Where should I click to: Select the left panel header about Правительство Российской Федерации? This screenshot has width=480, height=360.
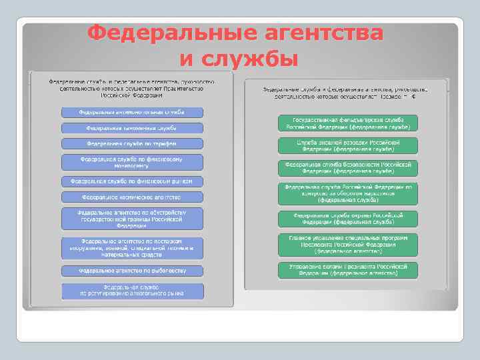pyautogui.click(x=131, y=88)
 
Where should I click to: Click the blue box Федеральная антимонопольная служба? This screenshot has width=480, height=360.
pyautogui.click(x=132, y=112)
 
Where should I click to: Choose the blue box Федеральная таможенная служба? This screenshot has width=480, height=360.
pyautogui.click(x=132, y=127)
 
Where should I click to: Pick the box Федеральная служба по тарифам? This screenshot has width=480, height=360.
pyautogui.click(x=132, y=143)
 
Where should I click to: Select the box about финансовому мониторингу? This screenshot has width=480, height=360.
pyautogui.click(x=132, y=162)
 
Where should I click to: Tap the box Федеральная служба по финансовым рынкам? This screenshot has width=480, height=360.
pyautogui.click(x=132, y=181)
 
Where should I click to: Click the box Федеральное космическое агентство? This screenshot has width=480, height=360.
pyautogui.click(x=132, y=197)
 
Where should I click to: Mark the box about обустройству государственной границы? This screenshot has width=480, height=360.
pyautogui.click(x=132, y=217)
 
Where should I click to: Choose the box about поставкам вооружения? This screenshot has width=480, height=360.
pyautogui.click(x=132, y=246)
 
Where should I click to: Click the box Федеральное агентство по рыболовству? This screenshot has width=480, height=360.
pyautogui.click(x=132, y=271)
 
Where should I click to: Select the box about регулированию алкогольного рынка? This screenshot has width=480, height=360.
pyautogui.click(x=132, y=290)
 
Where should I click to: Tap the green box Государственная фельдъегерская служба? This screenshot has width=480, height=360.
pyautogui.click(x=348, y=123)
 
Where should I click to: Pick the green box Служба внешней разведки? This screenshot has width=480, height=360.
pyautogui.click(x=348, y=145)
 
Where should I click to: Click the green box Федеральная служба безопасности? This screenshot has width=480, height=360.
pyautogui.click(x=348, y=167)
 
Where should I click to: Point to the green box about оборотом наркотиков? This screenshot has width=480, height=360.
pyautogui.click(x=348, y=193)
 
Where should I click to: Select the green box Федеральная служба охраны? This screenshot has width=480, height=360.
pyautogui.click(x=348, y=219)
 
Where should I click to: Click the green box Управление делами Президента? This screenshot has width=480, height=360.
pyautogui.click(x=348, y=269)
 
